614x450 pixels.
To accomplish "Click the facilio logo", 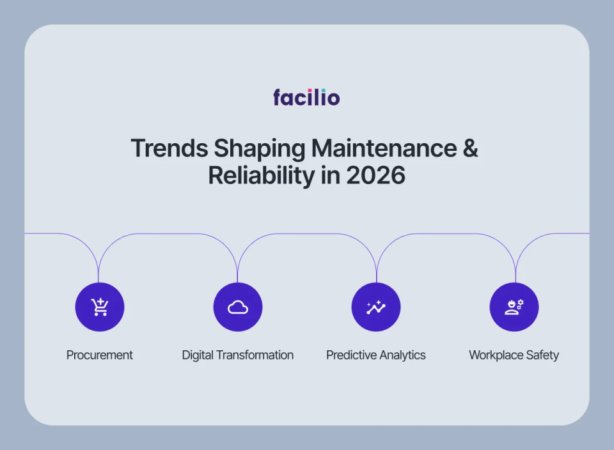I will tap(306, 98).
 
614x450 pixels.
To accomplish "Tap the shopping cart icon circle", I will tap(99, 307).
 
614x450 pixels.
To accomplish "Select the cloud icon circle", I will tap(237, 307).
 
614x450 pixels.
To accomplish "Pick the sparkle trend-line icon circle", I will tap(376, 307).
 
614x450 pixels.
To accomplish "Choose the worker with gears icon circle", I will tap(514, 307).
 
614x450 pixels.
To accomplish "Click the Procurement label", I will tap(100, 355).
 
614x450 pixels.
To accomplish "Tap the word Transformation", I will tap(255, 355).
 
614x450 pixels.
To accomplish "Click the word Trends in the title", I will tap(169, 148).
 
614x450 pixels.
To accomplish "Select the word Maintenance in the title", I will tap(381, 148).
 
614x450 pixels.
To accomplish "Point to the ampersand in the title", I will tap(469, 148).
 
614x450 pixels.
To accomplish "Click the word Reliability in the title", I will tap(263, 175).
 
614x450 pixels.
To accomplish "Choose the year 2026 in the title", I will tap(376, 175).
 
